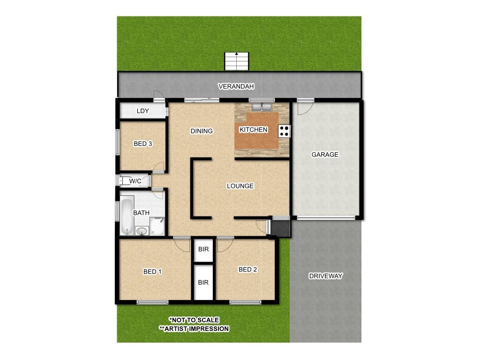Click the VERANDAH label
[x=236, y=86]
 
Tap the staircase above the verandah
[x=236, y=61]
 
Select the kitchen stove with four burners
[x=285, y=131]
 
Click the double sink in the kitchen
[x=262, y=107]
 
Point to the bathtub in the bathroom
[x=127, y=216]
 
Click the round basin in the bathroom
[x=142, y=231]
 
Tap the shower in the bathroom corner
[x=157, y=226]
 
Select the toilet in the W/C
[x=126, y=181]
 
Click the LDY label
[x=142, y=111]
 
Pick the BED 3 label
[x=142, y=143]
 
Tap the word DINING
[x=202, y=131]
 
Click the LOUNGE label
[x=240, y=186]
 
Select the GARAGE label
[x=325, y=155]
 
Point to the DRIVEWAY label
[x=325, y=276]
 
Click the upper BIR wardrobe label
[x=203, y=249]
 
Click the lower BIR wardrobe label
[x=203, y=282]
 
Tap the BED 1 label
[x=152, y=271]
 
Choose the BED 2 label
[x=247, y=270]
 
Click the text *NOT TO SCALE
[x=194, y=320]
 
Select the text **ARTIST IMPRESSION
[x=194, y=329]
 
